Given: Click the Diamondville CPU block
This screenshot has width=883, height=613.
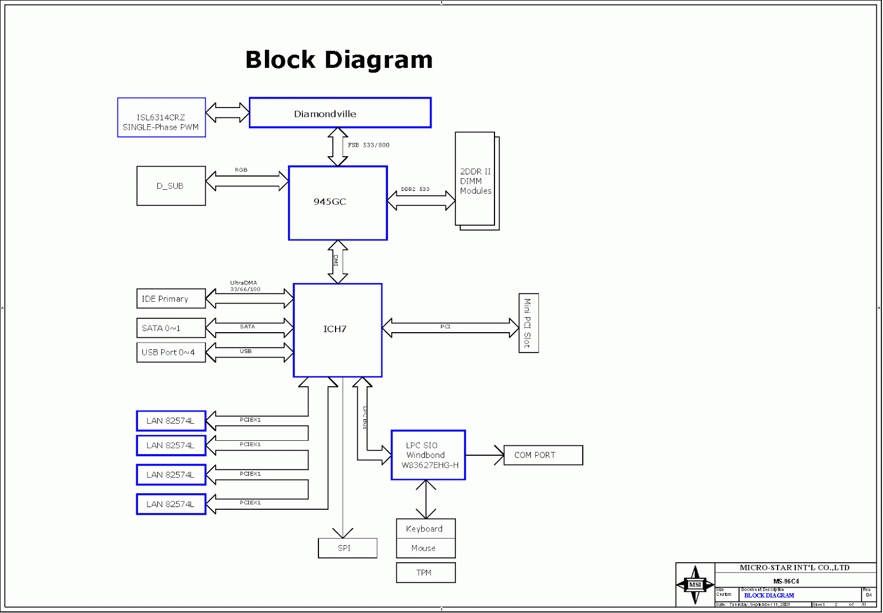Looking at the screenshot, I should pos(340,113).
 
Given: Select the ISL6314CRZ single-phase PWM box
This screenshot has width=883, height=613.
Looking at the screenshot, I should pos(161,118).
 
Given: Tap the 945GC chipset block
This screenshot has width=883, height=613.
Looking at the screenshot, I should pos(338,203).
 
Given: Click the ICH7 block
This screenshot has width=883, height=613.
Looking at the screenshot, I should pos(337,330).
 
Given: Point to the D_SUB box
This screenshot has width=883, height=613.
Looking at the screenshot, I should pos(171,186).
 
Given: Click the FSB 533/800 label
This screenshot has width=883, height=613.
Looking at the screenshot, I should pos(368,145).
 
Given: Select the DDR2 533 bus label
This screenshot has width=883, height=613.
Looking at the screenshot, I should pos(415,189).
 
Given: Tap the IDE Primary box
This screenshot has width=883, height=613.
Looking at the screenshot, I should pos(171,299).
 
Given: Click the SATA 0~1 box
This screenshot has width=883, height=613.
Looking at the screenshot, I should pos(171,328).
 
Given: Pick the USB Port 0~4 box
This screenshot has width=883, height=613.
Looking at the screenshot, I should pos(171,353).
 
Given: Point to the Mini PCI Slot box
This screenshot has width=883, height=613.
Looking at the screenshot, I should pos(528,323).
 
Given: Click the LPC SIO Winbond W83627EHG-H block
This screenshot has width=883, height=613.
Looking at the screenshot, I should pos(428,455).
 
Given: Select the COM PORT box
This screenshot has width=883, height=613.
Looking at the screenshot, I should pos(543,455).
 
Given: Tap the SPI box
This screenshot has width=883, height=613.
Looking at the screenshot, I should pos(347,548).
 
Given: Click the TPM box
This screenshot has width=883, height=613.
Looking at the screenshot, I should pos(425,573).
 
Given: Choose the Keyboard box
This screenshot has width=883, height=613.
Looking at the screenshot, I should pos(425,529).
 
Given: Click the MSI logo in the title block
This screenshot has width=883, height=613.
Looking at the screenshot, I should pos(695,585).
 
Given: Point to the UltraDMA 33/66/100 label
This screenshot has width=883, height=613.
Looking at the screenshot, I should pos(244,286).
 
